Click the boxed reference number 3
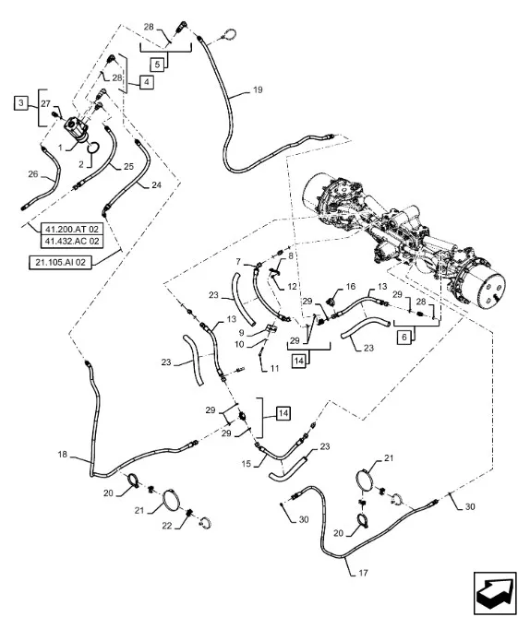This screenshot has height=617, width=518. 21,103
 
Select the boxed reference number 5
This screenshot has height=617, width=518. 157,65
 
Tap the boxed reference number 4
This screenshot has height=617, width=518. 147,82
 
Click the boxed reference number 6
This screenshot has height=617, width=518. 404,338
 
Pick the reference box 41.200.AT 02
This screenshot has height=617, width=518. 72,229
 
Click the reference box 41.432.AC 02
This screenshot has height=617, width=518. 72,242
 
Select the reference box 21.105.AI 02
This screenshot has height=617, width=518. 61,262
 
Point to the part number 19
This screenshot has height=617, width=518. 258,90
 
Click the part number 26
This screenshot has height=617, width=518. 33,174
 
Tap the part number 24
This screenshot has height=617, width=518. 156,184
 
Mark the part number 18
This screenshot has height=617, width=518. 63,455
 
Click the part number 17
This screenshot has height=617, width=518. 363,573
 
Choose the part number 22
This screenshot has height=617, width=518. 167,526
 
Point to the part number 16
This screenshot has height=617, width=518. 351,287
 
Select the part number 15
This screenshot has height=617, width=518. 247,464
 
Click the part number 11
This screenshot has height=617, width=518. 274,369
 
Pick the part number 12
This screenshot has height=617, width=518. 292,287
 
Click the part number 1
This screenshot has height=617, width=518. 60,148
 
